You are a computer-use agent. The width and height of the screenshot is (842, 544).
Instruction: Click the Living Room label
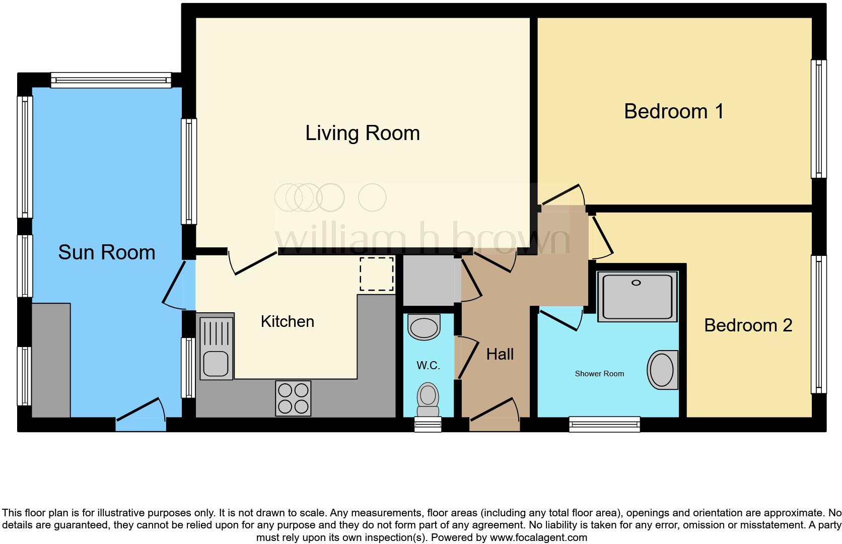[x=362, y=133]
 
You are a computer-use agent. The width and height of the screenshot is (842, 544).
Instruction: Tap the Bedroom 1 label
[x=674, y=111]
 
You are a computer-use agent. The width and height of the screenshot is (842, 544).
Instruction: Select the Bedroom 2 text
[x=748, y=325]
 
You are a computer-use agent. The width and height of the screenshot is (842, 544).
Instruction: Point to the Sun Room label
[x=106, y=252]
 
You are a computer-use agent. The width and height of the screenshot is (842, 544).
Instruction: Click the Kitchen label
[x=287, y=321]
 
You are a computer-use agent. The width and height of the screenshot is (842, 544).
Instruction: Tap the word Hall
[x=500, y=354]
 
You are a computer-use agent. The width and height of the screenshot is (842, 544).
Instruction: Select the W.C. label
[x=428, y=365]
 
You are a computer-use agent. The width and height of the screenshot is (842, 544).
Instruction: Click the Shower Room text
[x=599, y=374]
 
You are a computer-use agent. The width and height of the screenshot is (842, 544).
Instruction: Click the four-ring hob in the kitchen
[x=293, y=398]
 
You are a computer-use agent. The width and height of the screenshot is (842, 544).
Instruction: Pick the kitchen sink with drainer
[x=217, y=347]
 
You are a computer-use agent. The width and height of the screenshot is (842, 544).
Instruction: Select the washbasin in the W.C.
[x=424, y=327]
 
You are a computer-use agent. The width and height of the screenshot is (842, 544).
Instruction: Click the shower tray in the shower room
[x=637, y=296]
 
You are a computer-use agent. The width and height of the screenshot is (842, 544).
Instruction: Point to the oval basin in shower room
[x=662, y=370]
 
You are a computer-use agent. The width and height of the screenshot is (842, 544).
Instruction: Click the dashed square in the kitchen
[x=377, y=274]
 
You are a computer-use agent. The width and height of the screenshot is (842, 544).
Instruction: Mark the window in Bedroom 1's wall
[x=818, y=119]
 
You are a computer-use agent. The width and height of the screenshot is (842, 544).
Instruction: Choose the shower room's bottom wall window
[x=604, y=424]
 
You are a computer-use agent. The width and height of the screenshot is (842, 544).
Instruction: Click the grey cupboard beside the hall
[x=428, y=281]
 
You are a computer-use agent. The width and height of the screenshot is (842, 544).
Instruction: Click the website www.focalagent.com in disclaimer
[x=538, y=537]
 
